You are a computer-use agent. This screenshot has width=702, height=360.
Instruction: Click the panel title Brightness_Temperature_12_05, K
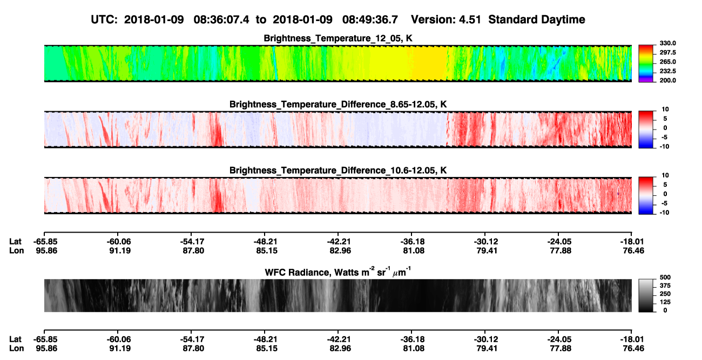(338, 38)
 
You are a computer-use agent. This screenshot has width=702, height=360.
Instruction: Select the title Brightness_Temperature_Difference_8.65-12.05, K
(338, 104)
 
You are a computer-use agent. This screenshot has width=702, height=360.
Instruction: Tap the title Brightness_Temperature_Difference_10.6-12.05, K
(338, 171)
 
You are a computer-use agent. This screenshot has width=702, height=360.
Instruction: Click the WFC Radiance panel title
(338, 271)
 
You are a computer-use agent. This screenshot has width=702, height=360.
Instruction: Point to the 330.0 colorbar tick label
(667, 43)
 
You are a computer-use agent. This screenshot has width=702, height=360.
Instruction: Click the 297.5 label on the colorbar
(667, 53)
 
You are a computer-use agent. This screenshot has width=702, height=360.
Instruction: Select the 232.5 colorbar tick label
(667, 71)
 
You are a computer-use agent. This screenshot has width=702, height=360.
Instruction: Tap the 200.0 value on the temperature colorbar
(667, 80)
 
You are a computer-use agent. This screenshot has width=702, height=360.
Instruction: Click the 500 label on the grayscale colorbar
(665, 277)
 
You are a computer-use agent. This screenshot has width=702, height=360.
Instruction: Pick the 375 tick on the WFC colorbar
(665, 286)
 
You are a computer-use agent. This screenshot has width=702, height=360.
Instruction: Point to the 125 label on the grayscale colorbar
(665, 302)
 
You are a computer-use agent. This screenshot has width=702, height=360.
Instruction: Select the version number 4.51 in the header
(470, 19)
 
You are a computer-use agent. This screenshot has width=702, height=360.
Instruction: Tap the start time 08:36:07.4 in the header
(221, 19)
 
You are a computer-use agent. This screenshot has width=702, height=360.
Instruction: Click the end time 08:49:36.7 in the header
(370, 19)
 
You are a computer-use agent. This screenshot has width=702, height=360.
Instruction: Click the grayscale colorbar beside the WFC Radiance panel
(646, 295)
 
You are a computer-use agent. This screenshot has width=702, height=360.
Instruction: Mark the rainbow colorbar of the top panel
(646, 64)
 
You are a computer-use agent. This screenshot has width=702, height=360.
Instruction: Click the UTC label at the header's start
(104, 19)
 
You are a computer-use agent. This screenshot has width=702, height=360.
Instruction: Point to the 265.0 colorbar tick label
(667, 62)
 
